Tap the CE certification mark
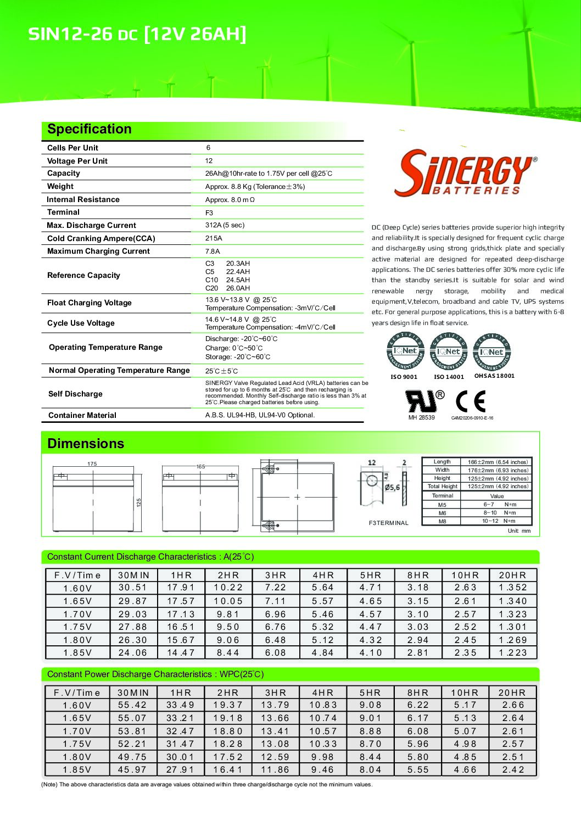471,401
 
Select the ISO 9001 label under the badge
404,377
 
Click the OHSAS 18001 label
494,376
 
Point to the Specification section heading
90,129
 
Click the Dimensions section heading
86,444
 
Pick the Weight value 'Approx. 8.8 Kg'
255,187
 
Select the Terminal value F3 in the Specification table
209,213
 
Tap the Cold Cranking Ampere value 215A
214,238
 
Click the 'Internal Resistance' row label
83,199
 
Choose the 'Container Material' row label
82,415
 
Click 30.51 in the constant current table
133,588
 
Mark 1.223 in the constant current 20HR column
513,653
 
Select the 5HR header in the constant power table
370,693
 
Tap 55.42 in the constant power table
132,705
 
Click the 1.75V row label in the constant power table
77,744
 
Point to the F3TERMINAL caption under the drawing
389,523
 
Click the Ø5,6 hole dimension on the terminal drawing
392,488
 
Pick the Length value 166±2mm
498,462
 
